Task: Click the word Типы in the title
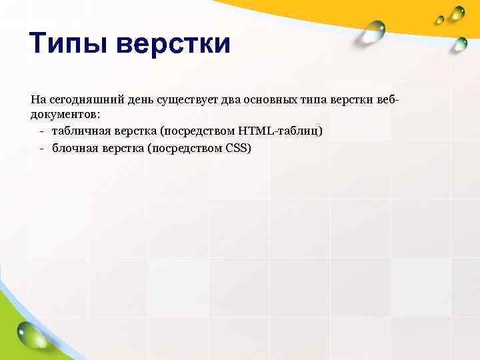coord(67,45)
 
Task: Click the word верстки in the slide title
coord(173,45)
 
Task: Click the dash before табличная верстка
coord(41,131)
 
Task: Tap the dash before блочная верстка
coord(41,147)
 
